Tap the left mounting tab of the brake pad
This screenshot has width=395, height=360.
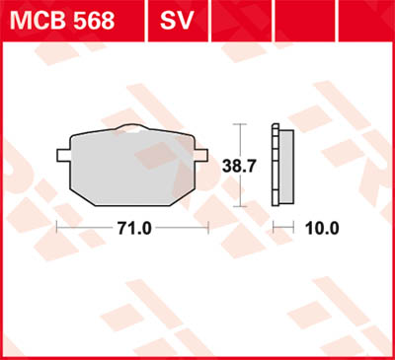pos(62,153)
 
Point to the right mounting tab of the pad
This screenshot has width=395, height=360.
pos(202,153)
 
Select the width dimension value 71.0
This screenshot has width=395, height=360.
pos(132,228)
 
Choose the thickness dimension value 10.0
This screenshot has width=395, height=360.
pos(321,228)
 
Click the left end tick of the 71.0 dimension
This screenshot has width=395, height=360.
pos(57,228)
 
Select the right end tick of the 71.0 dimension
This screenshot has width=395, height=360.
pos(208,228)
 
